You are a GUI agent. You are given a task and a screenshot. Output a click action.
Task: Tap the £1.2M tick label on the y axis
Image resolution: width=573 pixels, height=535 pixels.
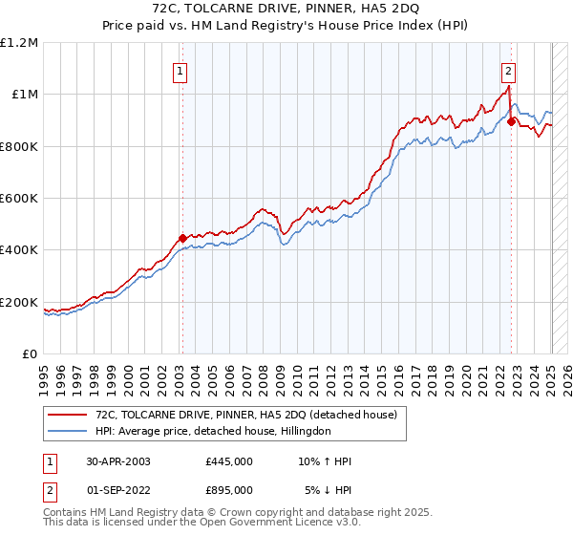click(x=20, y=42)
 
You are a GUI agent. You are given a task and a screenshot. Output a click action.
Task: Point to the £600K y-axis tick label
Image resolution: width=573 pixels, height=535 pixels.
click(x=18, y=199)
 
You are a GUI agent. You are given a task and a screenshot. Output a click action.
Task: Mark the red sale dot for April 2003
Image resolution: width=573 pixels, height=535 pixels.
click(x=181, y=239)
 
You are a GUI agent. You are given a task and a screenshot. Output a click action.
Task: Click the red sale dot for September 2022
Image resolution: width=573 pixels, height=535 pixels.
click(x=512, y=121)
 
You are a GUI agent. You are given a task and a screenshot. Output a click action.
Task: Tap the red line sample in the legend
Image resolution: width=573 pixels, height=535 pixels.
click(x=67, y=414)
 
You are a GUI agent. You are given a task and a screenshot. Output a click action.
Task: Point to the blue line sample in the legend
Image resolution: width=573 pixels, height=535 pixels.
click(x=67, y=431)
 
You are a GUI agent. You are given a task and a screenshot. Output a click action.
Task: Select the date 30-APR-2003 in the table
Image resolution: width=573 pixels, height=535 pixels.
click(x=118, y=461)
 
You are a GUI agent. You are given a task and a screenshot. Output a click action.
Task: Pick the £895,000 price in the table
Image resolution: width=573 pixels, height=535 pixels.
click(x=229, y=489)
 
